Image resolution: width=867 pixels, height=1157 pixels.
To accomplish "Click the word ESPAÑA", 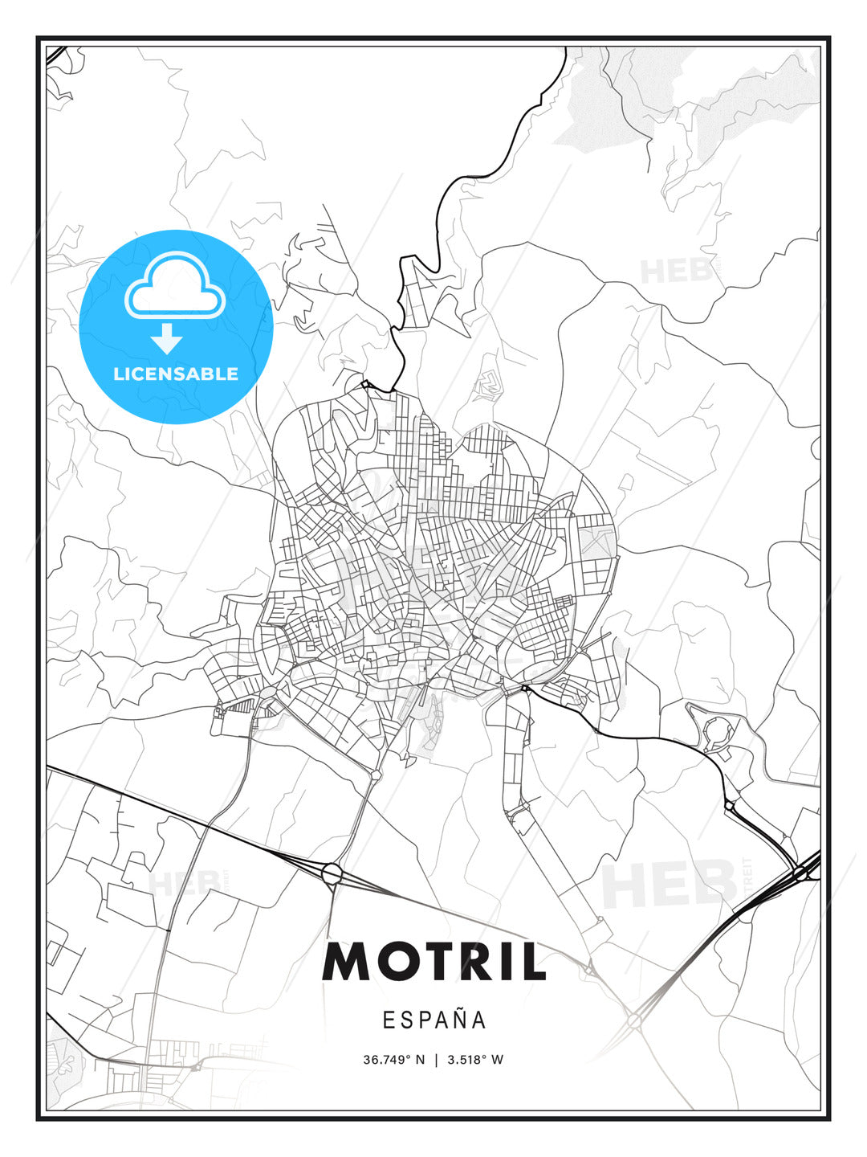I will click(x=433, y=1020).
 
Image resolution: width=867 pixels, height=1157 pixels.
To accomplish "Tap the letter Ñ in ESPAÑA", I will click(x=456, y=1019).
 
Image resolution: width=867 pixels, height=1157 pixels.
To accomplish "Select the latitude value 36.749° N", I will click(x=393, y=1059).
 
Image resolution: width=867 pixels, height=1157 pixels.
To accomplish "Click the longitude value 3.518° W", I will click(x=475, y=1059).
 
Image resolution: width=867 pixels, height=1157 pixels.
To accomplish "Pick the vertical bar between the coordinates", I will click(x=436, y=1059).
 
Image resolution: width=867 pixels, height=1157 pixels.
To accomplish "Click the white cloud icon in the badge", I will click(x=174, y=286).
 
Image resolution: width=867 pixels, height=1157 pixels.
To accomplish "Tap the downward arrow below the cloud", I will click(x=167, y=337).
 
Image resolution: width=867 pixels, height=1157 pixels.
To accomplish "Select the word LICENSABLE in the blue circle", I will click(x=176, y=374).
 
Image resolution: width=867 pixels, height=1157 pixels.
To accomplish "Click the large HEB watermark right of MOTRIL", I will click(x=670, y=884).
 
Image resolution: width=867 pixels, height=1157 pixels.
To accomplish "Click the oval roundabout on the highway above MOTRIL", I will click(x=332, y=873).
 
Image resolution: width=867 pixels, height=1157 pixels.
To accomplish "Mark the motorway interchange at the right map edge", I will click(x=800, y=873).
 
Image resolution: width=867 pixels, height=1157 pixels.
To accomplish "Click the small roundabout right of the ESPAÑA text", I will click(x=633, y=1020).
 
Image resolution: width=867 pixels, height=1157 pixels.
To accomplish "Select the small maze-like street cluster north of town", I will click(x=488, y=386).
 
